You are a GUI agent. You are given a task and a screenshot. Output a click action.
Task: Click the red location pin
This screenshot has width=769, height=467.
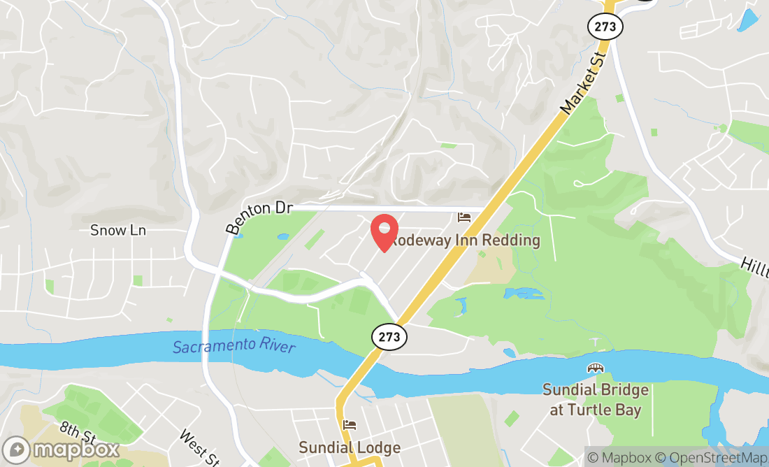coord(384,233)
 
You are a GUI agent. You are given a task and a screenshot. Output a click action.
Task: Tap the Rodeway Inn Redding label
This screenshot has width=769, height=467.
coord(466,240)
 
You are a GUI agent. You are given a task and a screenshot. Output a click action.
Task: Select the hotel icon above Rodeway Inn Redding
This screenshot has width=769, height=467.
coord(464,217)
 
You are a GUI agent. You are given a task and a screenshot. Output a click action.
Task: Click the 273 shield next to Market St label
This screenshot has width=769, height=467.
coord(605,26)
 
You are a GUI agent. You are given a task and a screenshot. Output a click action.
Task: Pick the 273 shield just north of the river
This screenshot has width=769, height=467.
coord(389,337)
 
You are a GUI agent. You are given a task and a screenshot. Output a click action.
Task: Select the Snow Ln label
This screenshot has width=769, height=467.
coord(118,230)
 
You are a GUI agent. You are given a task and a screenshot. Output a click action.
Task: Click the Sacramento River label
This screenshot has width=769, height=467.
coord(233,346)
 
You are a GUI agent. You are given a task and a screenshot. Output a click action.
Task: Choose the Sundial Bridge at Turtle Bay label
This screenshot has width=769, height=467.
coord(596,400)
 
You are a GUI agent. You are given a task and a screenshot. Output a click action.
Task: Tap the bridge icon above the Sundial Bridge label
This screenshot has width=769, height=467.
coord(596,368)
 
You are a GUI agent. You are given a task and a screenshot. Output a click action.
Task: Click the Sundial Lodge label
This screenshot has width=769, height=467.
coord(350,447)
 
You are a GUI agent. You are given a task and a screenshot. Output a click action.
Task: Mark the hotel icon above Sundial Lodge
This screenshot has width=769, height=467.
coord(350,425)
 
